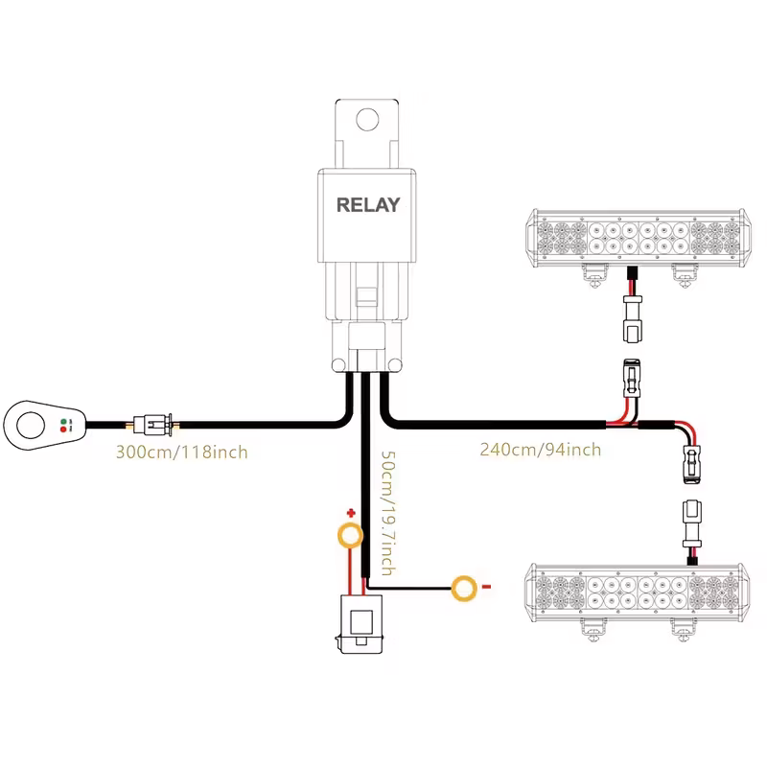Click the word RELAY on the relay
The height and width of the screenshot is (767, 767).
[x=368, y=204]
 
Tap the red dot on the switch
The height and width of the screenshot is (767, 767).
[x=64, y=429]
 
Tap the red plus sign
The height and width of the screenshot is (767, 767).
[x=351, y=514]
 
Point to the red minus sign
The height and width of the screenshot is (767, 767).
[x=486, y=586]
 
